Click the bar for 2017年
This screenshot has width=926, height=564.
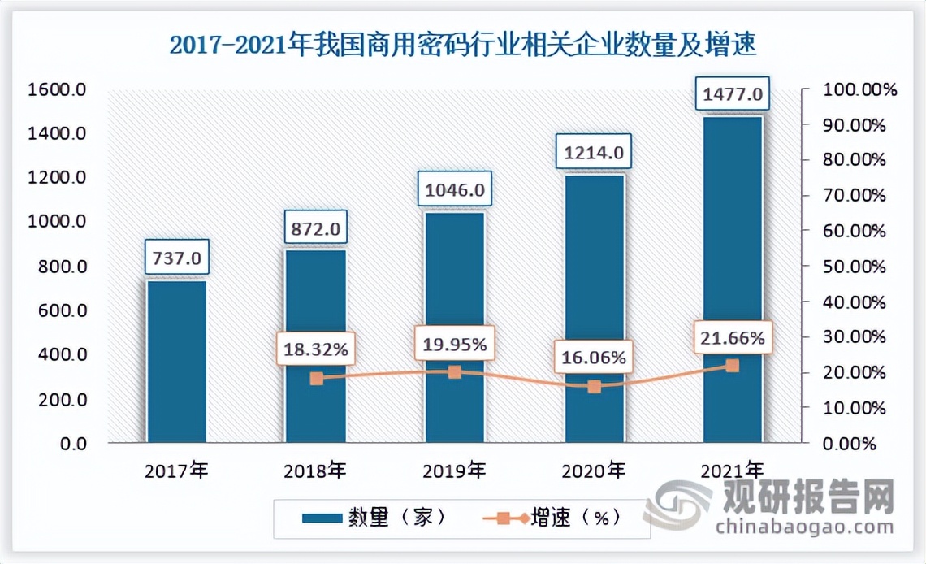[x=176, y=362]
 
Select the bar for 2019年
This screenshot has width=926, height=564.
[x=455, y=325]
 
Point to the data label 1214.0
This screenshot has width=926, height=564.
[x=594, y=152]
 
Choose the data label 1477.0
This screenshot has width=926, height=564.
[x=733, y=94]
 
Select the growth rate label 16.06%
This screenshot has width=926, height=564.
[x=593, y=357]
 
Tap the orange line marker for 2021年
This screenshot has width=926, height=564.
[x=733, y=366]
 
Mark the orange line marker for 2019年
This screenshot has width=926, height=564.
[x=455, y=372]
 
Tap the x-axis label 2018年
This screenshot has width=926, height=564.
[x=316, y=471]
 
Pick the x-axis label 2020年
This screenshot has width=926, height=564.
[x=594, y=471]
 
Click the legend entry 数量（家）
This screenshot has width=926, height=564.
[x=373, y=517]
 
